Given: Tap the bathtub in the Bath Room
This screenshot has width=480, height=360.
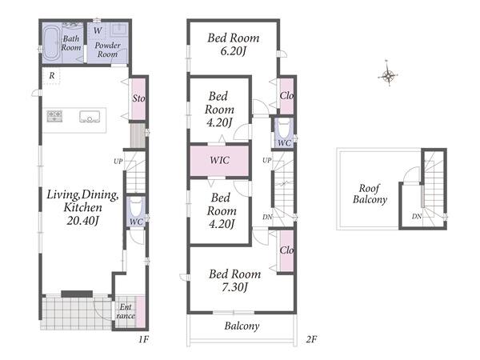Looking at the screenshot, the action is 51,43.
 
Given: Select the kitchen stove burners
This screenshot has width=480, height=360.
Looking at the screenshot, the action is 54,116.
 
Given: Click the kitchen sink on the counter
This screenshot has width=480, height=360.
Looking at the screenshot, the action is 90,117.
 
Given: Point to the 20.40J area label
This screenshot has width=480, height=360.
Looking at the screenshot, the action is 82,221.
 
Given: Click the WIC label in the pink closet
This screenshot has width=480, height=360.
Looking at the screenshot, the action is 220,160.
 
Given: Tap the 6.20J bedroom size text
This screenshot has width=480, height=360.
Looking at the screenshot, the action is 234,51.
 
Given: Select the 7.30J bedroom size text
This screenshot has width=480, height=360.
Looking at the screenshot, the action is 234,287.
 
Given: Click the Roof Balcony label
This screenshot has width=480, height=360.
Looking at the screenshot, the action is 370,194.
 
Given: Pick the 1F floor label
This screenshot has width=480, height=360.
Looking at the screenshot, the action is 143,339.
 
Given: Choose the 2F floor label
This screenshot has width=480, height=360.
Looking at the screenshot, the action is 311,339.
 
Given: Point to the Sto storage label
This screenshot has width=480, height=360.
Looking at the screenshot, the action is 138,98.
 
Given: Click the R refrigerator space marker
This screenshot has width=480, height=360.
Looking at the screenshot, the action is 52,75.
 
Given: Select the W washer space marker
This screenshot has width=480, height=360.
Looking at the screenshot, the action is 98,30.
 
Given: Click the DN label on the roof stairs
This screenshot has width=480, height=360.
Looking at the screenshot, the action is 417,217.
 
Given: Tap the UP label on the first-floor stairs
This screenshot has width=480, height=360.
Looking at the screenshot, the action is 118,162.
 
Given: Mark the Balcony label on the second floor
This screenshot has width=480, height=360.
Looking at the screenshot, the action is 242,326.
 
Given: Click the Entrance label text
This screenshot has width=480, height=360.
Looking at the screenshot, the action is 126,311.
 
